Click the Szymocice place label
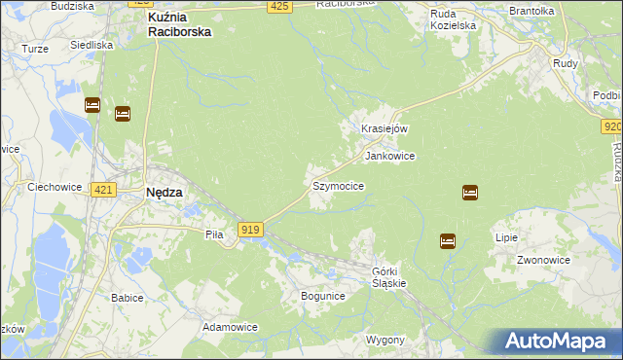click(338, 185)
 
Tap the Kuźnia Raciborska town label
click(179, 24)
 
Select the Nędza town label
click(164, 193)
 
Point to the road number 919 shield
click(249, 229)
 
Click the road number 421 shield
click(104, 190)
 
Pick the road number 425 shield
click(279, 7)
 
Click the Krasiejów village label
click(384, 129)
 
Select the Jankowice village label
click(390, 156)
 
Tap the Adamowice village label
click(230, 327)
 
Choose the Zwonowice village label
click(542, 261)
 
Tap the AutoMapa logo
click(555, 342)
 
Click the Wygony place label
click(385, 340)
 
